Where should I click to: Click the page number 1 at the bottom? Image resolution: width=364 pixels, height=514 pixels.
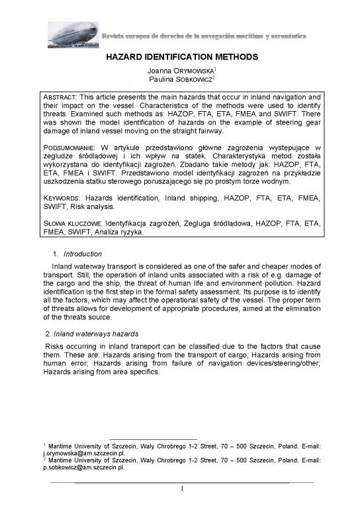pyautogui.click(x=182, y=489)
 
